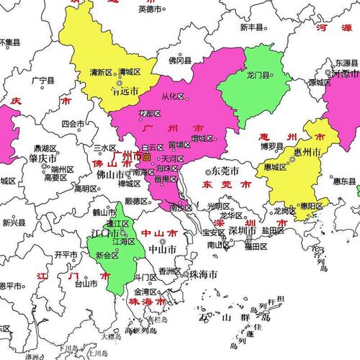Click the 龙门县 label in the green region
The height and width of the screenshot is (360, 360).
(x=258, y=75)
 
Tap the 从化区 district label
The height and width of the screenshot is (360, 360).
(x=173, y=96)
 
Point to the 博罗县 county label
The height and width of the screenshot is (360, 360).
(x=274, y=145)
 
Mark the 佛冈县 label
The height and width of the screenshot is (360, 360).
(x=180, y=61)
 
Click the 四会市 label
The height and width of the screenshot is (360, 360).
(x=73, y=123)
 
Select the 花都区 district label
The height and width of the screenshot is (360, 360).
(x=150, y=114)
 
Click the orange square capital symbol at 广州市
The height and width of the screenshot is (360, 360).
(x=146, y=156)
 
